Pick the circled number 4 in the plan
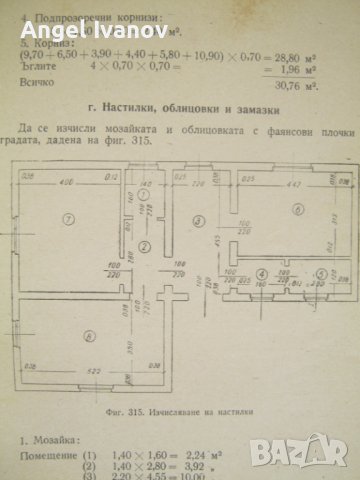pos(260,272)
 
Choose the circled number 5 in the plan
pos(320,272)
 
